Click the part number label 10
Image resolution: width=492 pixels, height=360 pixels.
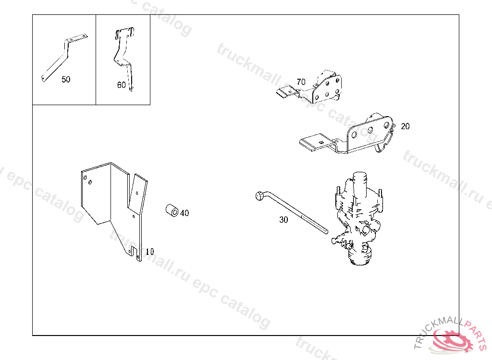pyautogui.click(x=149, y=251)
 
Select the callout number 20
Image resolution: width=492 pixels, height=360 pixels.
pyautogui.click(x=405, y=126)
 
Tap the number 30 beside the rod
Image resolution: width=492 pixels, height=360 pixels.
pyautogui.click(x=283, y=220)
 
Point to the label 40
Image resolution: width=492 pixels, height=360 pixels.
pyautogui.click(x=184, y=213)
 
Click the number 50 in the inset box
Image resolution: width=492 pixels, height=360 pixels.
pyautogui.click(x=66, y=79)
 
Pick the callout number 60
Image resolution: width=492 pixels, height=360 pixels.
pyautogui.click(x=121, y=85)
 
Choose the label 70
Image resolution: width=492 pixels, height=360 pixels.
pyautogui.click(x=301, y=82)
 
